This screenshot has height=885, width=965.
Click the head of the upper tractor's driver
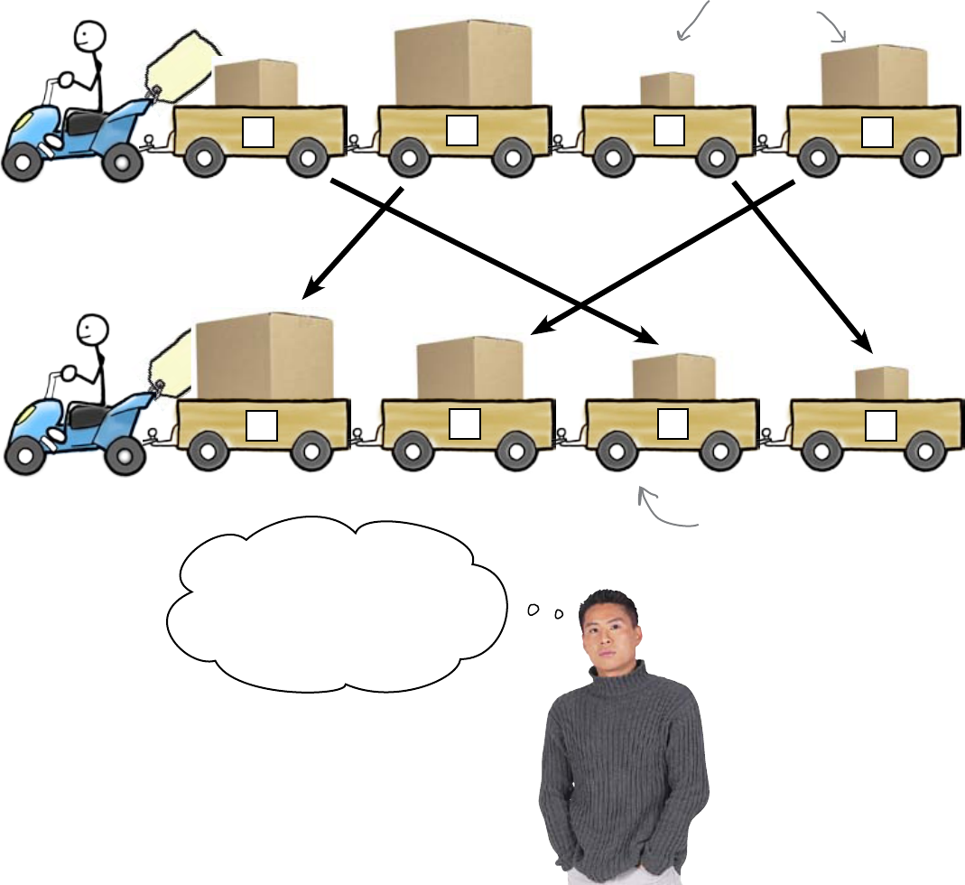click(89, 37)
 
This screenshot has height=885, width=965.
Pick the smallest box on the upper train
click(667, 89)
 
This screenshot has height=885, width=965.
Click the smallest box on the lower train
click(881, 384)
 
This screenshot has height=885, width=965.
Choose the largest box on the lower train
click(264, 358)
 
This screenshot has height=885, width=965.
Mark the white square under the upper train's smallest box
click(669, 132)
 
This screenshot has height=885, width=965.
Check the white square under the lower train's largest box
click(261, 424)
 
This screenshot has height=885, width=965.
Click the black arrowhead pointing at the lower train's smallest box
click(866, 345)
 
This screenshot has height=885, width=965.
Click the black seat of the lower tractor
click(86, 413)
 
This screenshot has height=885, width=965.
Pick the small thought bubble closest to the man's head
click(559, 614)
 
